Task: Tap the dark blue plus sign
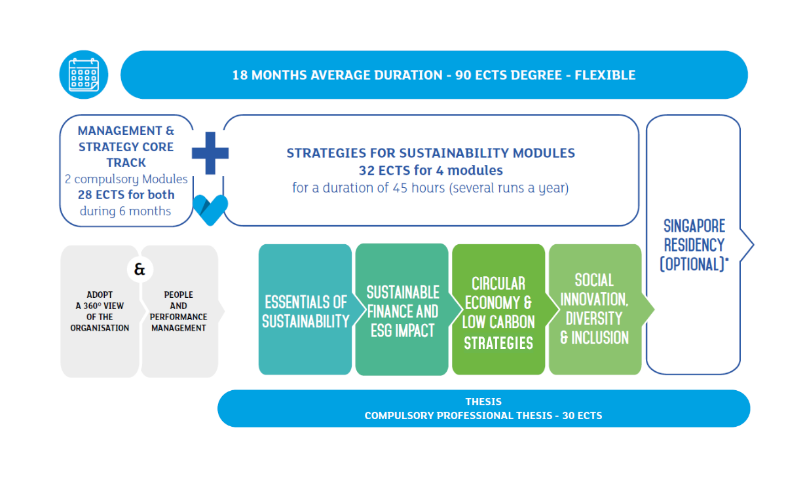(210, 153)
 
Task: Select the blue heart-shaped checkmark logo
(210, 209)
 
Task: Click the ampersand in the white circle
(140, 268)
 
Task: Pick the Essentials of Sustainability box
(305, 311)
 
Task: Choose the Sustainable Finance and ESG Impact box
(402, 311)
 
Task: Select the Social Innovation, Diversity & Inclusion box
(594, 309)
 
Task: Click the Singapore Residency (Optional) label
(694, 245)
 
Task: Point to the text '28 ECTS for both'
(126, 194)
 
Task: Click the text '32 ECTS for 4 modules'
(430, 170)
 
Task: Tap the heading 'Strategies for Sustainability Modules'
(430, 153)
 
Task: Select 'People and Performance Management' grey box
(179, 312)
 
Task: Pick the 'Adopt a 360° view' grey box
(100, 312)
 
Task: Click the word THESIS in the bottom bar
(483, 401)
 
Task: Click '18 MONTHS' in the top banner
(267, 75)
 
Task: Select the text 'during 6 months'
(126, 211)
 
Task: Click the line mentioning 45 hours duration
(430, 188)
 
